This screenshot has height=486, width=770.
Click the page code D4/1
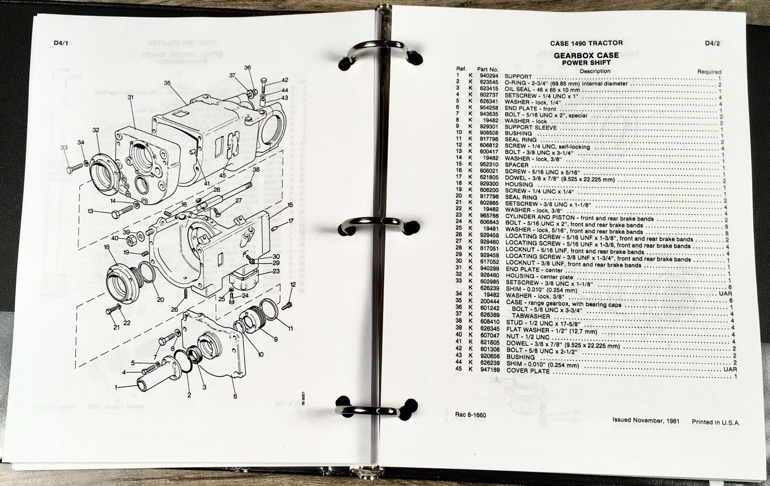pyautogui.click(x=62, y=44)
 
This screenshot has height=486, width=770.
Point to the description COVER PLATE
pyautogui.click(x=527, y=371)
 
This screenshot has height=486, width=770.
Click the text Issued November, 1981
pyautogui.click(x=646, y=421)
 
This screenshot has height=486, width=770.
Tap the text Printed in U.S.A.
pyautogui.click(x=716, y=422)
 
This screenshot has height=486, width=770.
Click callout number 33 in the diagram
pyautogui.click(x=64, y=148)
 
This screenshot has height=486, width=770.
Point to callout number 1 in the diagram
pyautogui.click(x=115, y=387)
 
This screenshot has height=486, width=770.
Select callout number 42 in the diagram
pyautogui.click(x=285, y=80)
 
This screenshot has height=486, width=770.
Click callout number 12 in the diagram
pyautogui.click(x=293, y=285)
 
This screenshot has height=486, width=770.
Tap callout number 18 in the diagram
pyautogui.click(x=107, y=247)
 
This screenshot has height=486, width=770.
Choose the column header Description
pyautogui.click(x=595, y=71)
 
